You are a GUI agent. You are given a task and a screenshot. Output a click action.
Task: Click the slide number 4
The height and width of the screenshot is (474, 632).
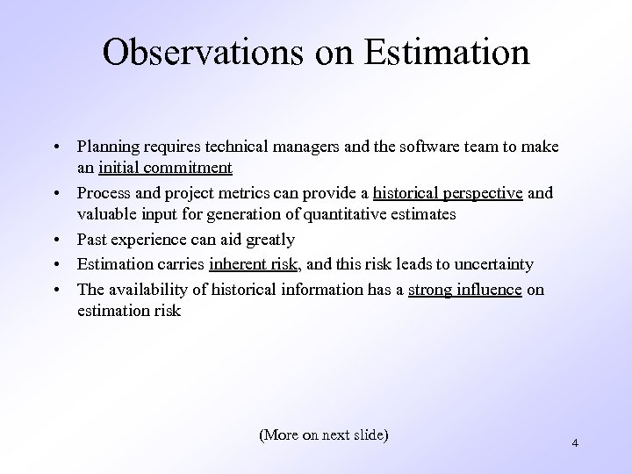pos(574,443)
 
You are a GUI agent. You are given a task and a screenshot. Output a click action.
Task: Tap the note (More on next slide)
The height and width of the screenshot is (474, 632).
pos(324,434)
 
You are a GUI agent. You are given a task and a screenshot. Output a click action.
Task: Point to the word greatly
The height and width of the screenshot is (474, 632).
pos(270,240)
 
